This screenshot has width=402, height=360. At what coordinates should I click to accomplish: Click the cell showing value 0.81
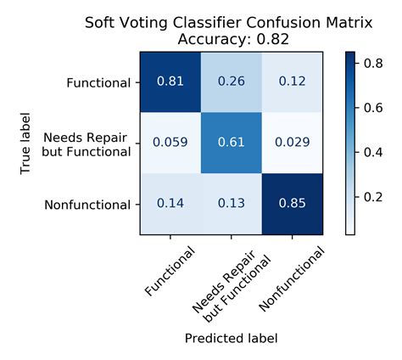coord(170,82)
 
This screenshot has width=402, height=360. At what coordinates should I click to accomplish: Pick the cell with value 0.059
coord(170,143)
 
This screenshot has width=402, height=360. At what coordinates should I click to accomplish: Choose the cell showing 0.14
coord(170,204)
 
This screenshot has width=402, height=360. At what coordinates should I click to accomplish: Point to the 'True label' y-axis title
coord(26,143)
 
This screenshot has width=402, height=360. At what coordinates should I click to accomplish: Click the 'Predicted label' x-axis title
coord(230,338)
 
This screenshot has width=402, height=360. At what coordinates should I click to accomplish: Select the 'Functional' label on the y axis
coord(98,83)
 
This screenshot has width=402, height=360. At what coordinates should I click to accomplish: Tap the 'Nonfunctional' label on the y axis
coord(89,205)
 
